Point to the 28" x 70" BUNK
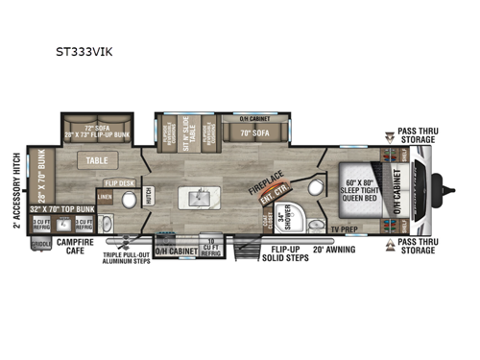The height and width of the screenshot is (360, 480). [41, 173]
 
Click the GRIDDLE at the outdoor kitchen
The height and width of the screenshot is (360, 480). [38, 244]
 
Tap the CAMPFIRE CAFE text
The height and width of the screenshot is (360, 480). [78, 250]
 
